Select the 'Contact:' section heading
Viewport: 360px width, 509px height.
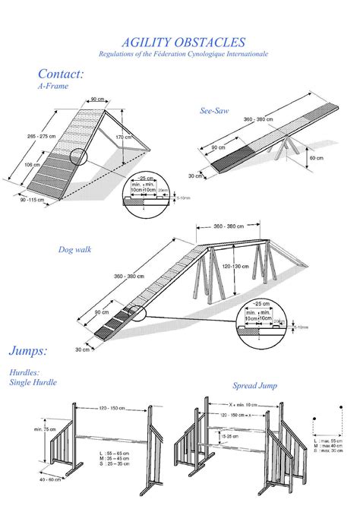[61, 74]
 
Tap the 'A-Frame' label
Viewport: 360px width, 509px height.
[52, 87]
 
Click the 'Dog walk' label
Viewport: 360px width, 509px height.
[76, 249]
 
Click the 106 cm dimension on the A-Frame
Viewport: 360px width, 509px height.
[32, 163]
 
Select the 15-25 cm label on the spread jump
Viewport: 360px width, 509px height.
[228, 437]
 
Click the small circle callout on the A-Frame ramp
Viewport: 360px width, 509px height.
[79, 156]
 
